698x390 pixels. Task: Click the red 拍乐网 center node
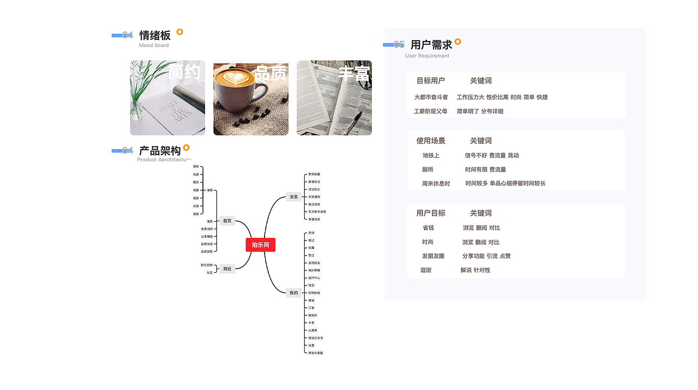[x=260, y=245]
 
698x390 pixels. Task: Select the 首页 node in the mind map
[x=227, y=221]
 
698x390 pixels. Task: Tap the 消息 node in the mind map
[x=294, y=197]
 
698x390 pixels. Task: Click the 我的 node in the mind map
[x=294, y=293]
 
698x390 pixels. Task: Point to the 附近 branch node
[x=227, y=269]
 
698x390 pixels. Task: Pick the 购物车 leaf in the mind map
[x=313, y=315]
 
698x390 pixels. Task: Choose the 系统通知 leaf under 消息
[x=315, y=197]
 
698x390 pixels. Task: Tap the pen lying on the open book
[x=354, y=121]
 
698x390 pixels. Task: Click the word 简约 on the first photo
[x=184, y=72]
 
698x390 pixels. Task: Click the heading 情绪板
[x=155, y=35]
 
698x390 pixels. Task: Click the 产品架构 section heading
[x=160, y=151]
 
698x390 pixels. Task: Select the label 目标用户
[x=431, y=81]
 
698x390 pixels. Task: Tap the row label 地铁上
[x=431, y=155]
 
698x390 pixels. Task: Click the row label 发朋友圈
[x=433, y=256]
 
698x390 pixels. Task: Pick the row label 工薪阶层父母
[x=431, y=111]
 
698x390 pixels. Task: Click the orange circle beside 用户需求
[x=458, y=41]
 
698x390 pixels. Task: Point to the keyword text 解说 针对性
[x=476, y=270]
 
